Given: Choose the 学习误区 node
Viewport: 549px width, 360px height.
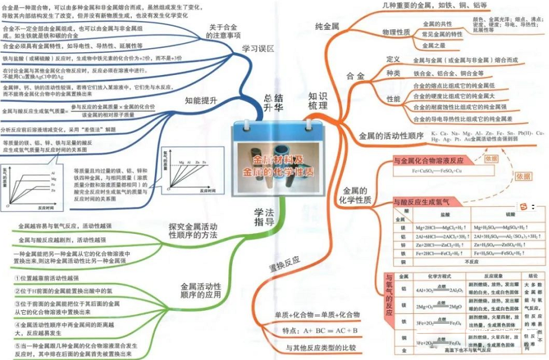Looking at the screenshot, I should (257, 49).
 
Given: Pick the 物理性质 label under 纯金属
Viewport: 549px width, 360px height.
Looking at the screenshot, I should (396, 32).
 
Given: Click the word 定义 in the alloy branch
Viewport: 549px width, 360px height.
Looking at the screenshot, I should (393, 59).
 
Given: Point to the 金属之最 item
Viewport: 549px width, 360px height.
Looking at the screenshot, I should (438, 45).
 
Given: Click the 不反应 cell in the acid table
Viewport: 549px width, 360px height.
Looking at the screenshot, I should (472, 261).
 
